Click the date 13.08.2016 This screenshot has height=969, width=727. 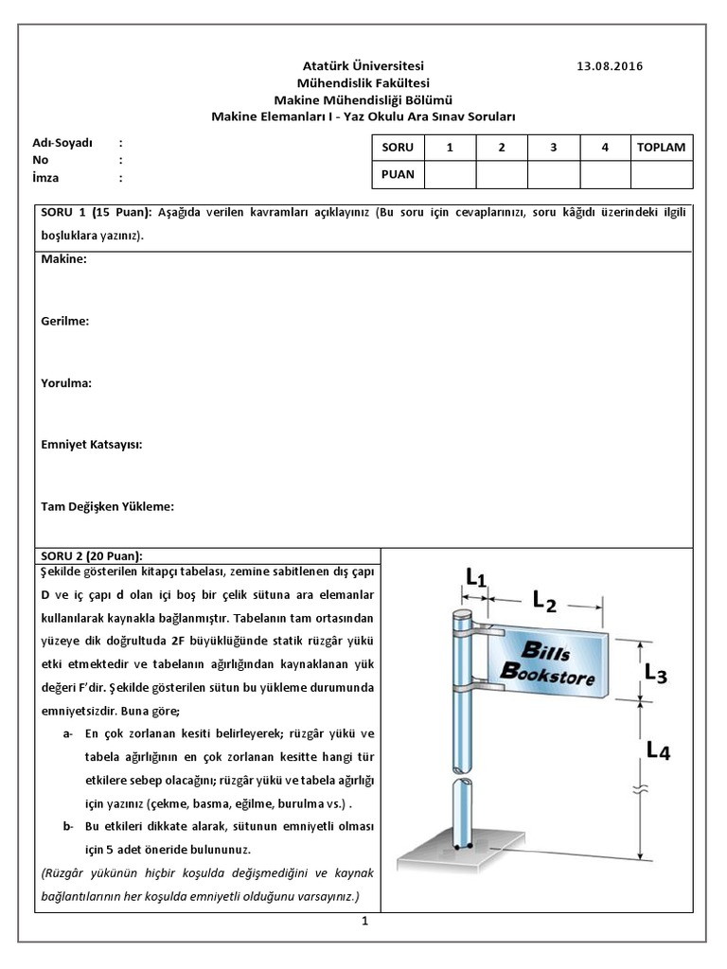pos(609,66)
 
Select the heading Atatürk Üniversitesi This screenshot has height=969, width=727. pos(363,66)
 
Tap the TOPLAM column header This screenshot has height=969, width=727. pos(661,148)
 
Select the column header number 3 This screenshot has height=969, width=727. pos(553,148)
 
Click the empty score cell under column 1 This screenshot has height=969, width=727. pos(450,174)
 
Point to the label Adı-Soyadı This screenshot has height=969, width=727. pos(62,143)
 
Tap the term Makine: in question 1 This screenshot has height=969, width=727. pos(64,259)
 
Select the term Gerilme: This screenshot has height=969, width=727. pos(65,322)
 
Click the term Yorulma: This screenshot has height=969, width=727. pos(66,383)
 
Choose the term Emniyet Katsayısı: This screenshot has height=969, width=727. pos(92,445)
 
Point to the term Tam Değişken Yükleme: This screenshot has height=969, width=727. pos(108,506)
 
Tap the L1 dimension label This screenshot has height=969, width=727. pos(476,575)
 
